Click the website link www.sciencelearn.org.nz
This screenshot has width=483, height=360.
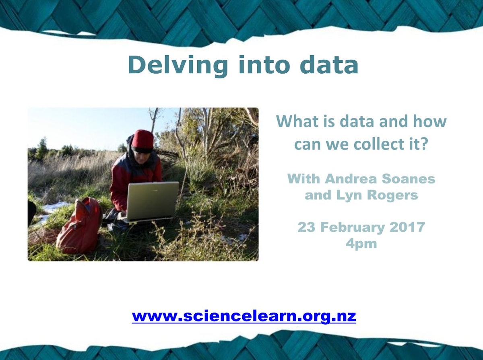(x=244, y=316)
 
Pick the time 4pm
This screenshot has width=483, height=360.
(x=361, y=244)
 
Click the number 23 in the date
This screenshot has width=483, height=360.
(x=305, y=227)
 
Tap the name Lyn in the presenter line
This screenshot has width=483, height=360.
(x=351, y=195)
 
